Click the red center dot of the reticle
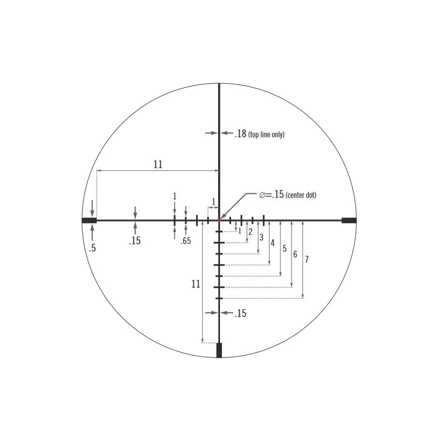pos(219,220)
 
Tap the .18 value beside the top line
pos(240,134)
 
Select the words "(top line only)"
pos(266,135)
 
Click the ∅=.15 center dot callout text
pos(288,195)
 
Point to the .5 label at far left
pos(92,249)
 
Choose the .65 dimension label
pos(186,241)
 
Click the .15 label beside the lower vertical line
pos(240,313)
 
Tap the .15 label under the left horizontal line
pos(135,241)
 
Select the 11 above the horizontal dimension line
pos(158,164)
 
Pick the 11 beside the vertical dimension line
pos(195,284)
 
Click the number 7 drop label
pos(307,260)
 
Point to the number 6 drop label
pos(295,254)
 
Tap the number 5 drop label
pos(284,249)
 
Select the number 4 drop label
pos(273,243)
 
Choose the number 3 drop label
pos(262,237)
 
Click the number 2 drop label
pos(250,232)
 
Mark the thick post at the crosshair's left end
pos(89,220)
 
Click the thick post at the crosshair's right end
pos(349,220)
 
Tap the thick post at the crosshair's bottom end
pos(219,350)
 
